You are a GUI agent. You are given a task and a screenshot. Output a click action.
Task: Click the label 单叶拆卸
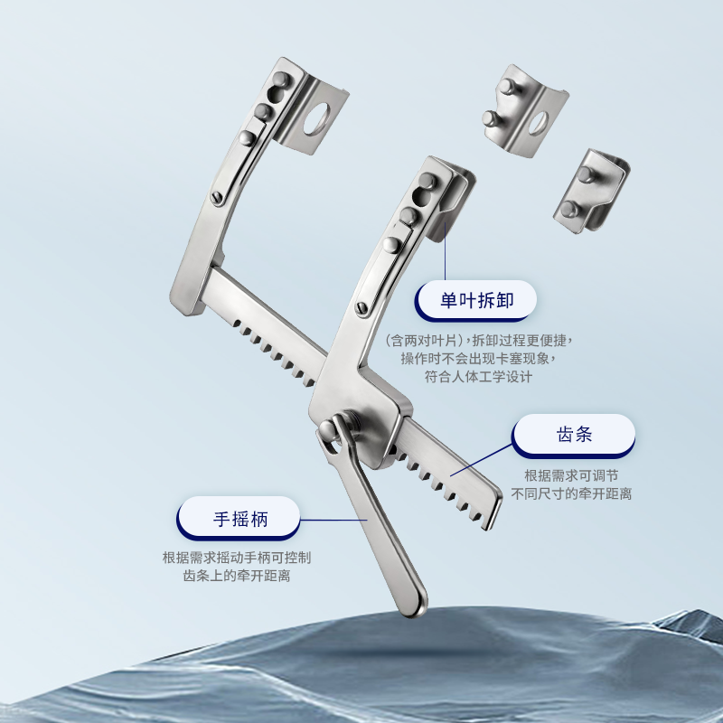click(476, 301)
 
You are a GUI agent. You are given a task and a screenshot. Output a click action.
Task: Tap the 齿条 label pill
click(574, 436)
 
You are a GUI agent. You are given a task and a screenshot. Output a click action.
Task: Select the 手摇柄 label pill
click(239, 518)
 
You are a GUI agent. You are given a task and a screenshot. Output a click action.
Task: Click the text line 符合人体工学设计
click(478, 377)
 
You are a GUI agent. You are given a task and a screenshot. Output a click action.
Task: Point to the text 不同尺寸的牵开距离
click(571, 493)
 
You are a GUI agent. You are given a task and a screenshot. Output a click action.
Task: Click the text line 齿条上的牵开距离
click(237, 576)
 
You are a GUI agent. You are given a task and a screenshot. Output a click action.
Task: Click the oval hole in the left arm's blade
click(317, 119)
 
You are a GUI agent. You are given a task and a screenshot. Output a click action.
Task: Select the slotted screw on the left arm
click(217, 198)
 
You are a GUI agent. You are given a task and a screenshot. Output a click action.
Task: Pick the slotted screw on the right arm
click(362, 307)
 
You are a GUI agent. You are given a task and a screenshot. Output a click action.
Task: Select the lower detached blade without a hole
click(592, 191)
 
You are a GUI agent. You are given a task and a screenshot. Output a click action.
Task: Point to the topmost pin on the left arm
click(281, 80)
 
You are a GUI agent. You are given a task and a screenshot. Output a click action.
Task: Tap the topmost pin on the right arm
click(427, 180)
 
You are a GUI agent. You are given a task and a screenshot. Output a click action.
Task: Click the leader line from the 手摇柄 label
click(333, 520)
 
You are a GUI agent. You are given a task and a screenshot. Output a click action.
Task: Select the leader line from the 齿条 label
click(482, 460)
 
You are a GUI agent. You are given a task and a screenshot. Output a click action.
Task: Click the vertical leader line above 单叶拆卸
click(445, 251)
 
